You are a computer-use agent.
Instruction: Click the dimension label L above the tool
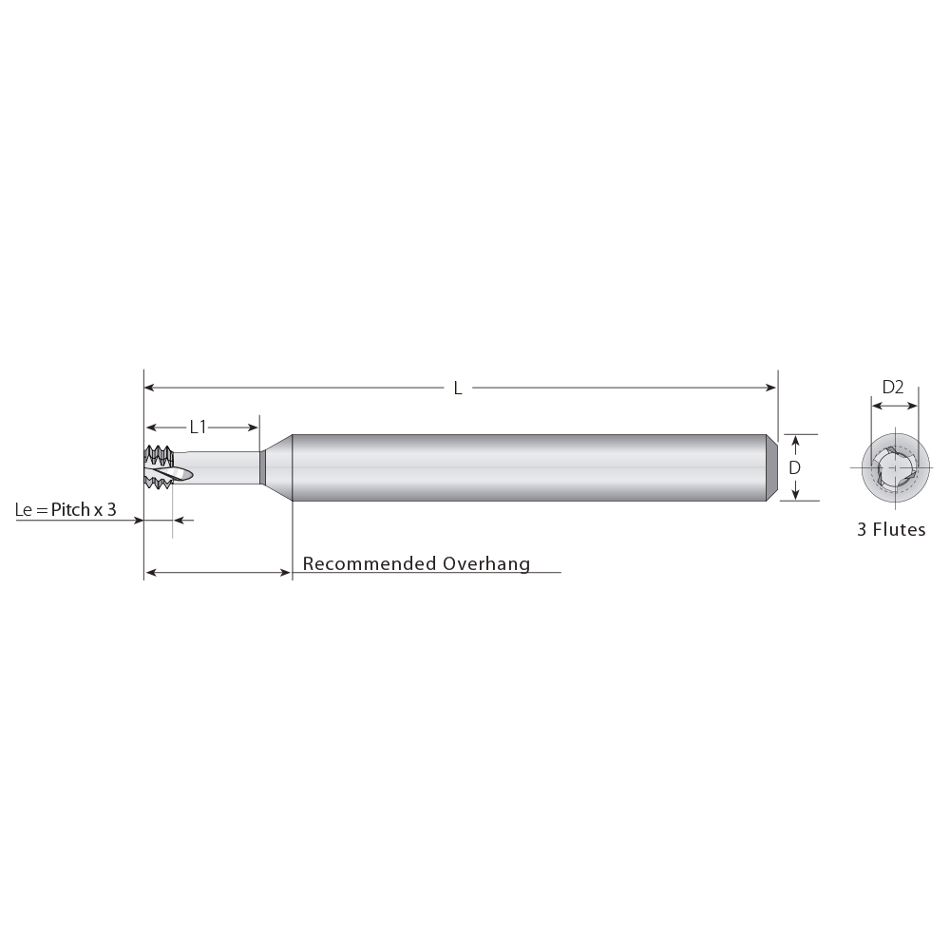coord(458,388)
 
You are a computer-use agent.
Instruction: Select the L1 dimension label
coord(198,427)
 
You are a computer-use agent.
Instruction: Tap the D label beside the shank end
coord(795,467)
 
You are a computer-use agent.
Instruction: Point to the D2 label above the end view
coord(892,387)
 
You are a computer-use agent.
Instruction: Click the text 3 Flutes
coord(891,530)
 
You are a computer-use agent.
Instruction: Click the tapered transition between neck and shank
coord(276,467)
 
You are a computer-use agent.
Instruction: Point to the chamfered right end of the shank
coord(772,467)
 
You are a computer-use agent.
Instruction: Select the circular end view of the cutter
coord(892,468)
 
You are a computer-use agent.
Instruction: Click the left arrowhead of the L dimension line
coord(149,388)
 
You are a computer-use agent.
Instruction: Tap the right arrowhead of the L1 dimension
coord(254,427)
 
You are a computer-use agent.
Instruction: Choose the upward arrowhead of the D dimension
coord(795,440)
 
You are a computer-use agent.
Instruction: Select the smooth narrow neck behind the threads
coord(223,467)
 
